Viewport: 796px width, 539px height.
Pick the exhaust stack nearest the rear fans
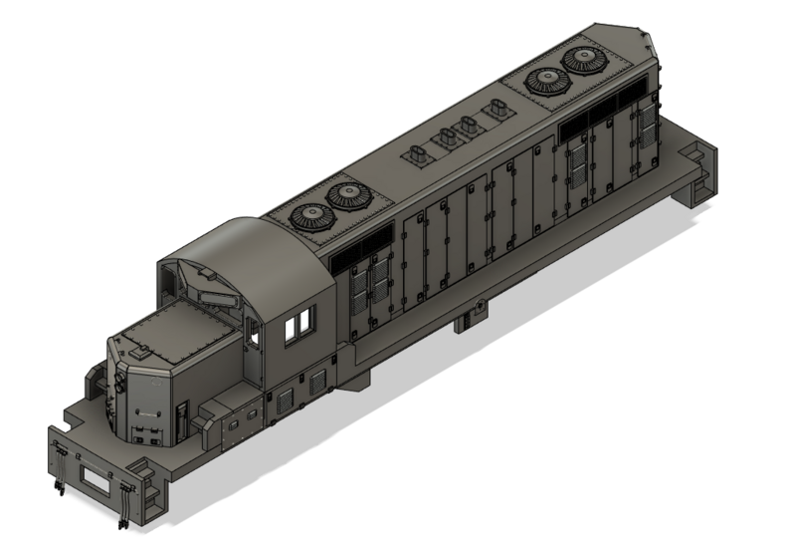[494, 111]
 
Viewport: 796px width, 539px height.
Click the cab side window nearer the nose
[291, 329]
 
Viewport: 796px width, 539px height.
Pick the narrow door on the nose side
[181, 419]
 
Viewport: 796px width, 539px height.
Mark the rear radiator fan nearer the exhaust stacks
[546, 81]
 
